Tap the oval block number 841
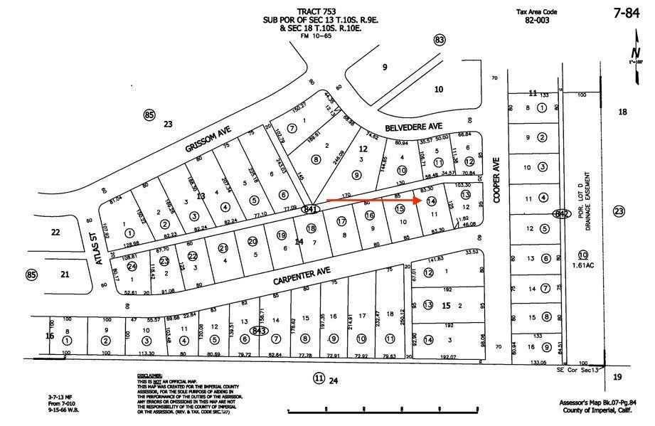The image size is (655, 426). (309, 210)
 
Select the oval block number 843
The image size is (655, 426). (259, 330)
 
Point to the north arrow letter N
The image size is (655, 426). (634, 53)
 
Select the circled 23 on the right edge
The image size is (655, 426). (619, 211)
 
